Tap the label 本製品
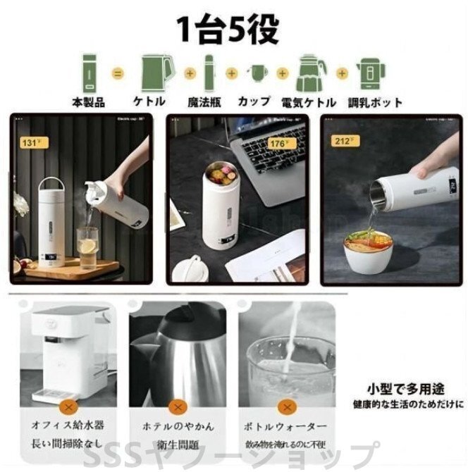pos(88,103)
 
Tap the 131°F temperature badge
pos(30,142)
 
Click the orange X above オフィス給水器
pos(68,407)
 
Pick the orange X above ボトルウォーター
pos(286,407)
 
